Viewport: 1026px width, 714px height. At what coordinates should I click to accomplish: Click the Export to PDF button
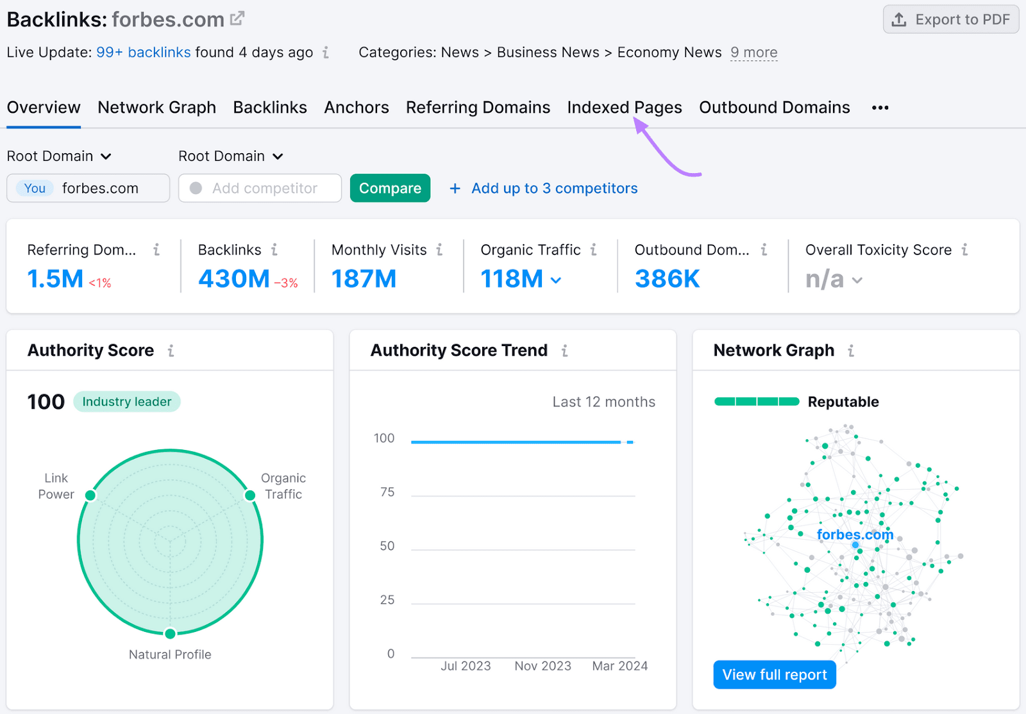(x=951, y=20)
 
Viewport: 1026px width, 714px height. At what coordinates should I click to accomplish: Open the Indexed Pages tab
(x=624, y=108)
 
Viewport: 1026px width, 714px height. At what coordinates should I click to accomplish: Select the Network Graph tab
(x=156, y=108)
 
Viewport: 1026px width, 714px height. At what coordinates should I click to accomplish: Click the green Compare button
(x=390, y=188)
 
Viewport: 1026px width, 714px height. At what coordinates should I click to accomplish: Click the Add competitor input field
(x=260, y=188)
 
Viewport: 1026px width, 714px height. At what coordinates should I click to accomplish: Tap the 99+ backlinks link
(x=143, y=53)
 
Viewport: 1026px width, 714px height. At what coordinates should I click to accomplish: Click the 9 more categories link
(x=753, y=53)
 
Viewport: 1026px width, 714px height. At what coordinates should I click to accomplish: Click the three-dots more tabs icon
(x=880, y=108)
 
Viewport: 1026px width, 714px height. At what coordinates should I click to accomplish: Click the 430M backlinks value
(x=234, y=279)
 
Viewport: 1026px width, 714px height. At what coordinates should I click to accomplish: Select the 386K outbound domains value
(x=667, y=279)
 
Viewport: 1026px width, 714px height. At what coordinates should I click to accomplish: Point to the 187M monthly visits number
(x=364, y=279)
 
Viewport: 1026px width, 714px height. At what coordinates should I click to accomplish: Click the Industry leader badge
(x=127, y=402)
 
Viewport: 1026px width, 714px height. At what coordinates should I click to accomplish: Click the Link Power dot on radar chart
(x=90, y=495)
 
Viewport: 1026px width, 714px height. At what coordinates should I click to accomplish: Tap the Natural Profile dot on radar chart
(x=170, y=634)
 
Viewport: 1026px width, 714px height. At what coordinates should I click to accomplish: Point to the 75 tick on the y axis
(x=387, y=492)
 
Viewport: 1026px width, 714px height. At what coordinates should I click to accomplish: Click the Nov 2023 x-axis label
(x=542, y=666)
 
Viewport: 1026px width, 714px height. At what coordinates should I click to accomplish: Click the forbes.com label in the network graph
(x=854, y=535)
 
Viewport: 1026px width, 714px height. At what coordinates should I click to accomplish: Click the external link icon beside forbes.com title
(x=237, y=19)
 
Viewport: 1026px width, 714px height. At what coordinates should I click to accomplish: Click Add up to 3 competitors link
(x=554, y=188)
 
